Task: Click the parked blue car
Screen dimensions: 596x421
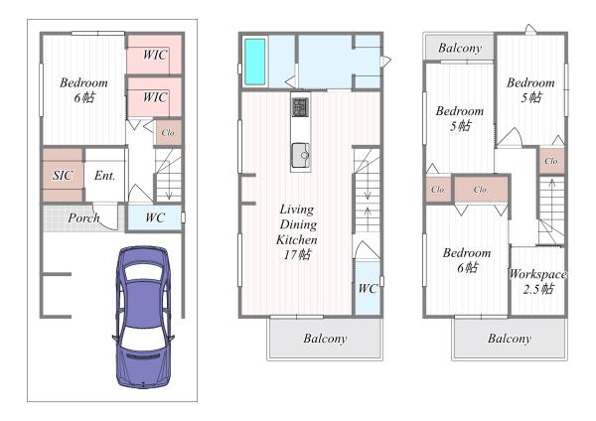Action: [x=143, y=318]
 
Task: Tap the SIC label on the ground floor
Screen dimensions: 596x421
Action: [x=63, y=175]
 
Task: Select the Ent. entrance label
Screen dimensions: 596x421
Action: [x=104, y=176]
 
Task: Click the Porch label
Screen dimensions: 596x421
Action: [x=83, y=217]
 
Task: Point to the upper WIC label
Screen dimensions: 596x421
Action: [x=155, y=55]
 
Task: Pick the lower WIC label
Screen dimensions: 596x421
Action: [x=155, y=97]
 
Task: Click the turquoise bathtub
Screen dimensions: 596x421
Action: [x=254, y=62]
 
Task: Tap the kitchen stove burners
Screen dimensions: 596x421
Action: [x=300, y=107]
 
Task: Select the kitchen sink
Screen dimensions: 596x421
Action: [x=301, y=156]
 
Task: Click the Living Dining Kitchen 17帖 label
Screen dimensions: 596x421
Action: [x=297, y=231]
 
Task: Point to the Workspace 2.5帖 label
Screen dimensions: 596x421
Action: [x=537, y=282]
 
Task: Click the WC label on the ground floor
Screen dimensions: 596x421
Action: [x=155, y=217]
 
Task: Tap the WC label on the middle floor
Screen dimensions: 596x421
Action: [x=368, y=289]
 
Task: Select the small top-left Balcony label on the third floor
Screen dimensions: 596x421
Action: [x=460, y=48]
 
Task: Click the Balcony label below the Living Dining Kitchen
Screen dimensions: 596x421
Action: [x=325, y=339]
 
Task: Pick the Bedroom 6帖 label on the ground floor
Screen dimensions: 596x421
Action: [x=83, y=90]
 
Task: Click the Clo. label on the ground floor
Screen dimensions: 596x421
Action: [x=168, y=133]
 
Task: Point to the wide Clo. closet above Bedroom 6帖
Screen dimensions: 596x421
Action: [x=481, y=190]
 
